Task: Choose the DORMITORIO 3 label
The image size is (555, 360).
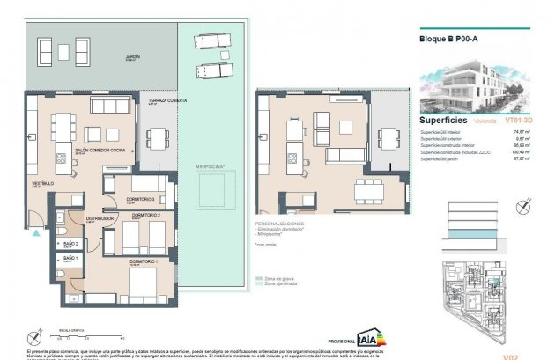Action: click(x=140, y=199)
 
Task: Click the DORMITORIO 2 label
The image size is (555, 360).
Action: click(x=146, y=216)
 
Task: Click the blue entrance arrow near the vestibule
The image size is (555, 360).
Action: click(x=35, y=233)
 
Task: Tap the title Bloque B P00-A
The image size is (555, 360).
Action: click(x=448, y=39)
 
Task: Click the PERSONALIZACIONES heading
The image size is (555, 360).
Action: click(x=283, y=224)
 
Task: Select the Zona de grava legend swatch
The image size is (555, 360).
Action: click(x=259, y=278)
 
